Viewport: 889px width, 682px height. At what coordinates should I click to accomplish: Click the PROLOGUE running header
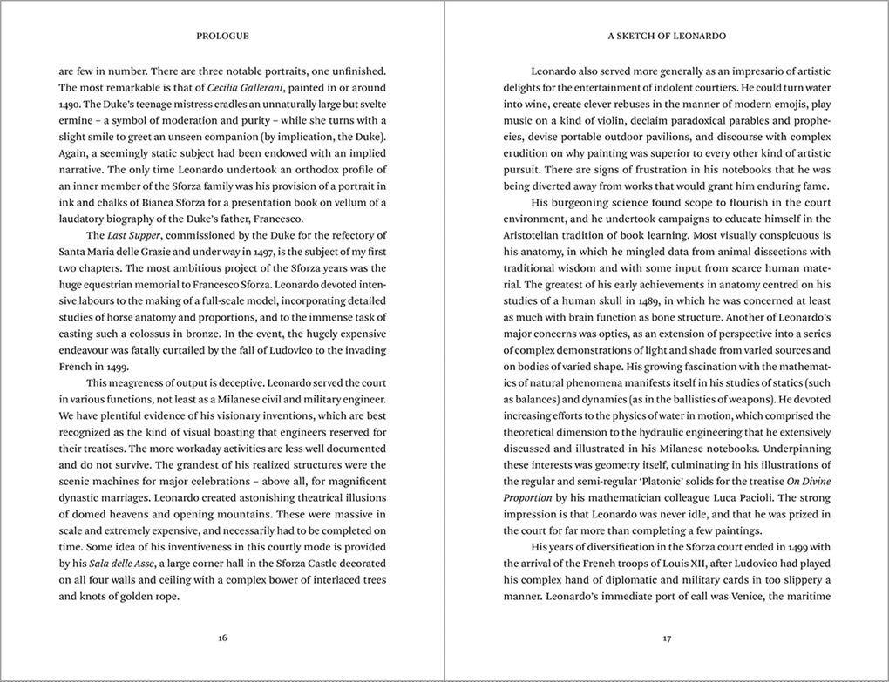click(222, 37)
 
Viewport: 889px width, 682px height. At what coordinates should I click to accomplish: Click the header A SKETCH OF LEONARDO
click(667, 37)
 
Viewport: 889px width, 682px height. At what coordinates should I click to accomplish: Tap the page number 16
click(222, 638)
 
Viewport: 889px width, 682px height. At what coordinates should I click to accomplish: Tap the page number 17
click(667, 638)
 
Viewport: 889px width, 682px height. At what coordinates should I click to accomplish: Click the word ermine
click(78, 119)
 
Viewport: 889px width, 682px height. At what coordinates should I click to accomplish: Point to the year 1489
click(665, 301)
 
